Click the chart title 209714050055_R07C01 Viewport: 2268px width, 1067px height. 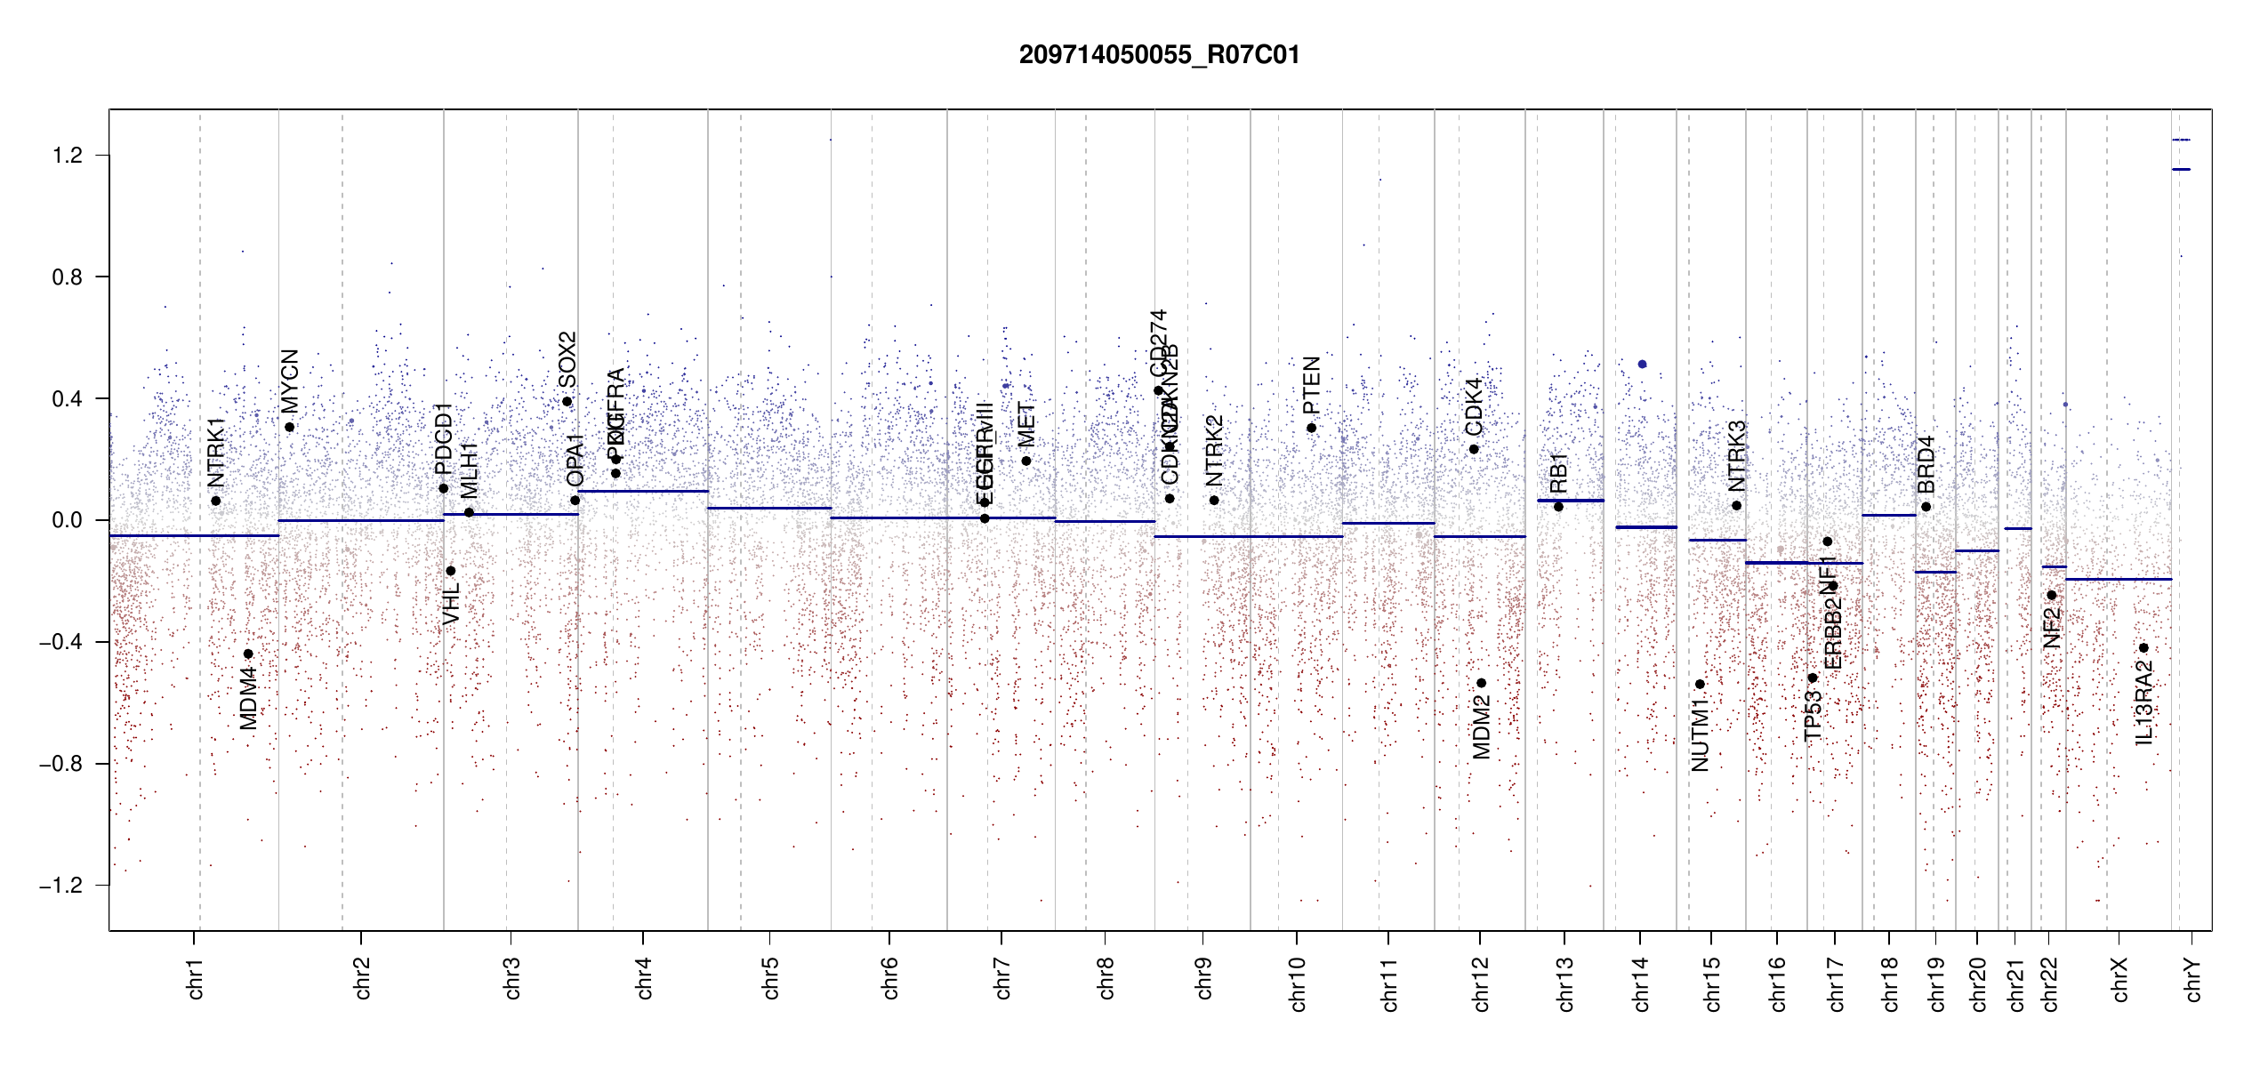tap(1159, 55)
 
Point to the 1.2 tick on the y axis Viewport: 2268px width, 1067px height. tap(68, 156)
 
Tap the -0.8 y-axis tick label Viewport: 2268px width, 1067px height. tap(61, 764)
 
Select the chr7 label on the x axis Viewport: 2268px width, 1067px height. tap(1002, 978)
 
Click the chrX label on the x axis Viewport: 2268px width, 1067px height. tap(2119, 979)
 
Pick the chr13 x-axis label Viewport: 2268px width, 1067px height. tap(1564, 983)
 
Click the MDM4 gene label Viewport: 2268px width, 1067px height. tap(249, 699)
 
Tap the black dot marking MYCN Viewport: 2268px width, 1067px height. tap(289, 428)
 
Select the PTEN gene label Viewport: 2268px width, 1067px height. tap(1311, 385)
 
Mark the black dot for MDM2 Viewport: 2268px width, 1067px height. tap(1482, 683)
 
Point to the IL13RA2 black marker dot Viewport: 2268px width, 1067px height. tap(2143, 648)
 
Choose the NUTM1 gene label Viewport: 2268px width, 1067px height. tap(1700, 734)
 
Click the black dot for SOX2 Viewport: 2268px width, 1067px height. tap(567, 402)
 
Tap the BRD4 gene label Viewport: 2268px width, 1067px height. tap(1926, 464)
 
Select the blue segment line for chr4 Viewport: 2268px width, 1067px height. tap(643, 491)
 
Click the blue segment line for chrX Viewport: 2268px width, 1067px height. tap(2119, 579)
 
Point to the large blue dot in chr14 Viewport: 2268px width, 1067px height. tap(1642, 365)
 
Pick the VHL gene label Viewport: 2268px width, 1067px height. tap(451, 603)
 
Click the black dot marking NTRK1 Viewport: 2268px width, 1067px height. tap(216, 501)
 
